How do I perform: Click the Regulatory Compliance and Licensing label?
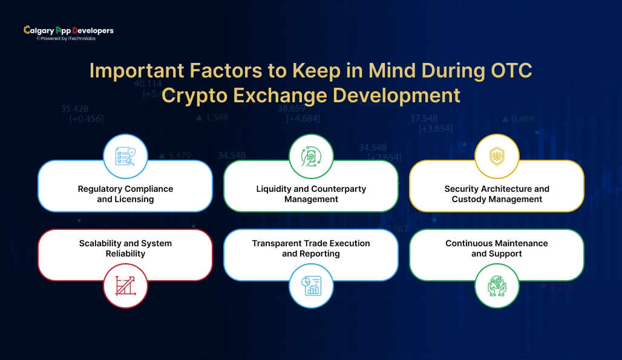coord(125,194)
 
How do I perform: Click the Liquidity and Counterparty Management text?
coord(311,194)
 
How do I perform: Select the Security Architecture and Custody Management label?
coord(497,194)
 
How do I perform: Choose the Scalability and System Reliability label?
coord(125,248)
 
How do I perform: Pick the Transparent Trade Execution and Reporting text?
coord(311,248)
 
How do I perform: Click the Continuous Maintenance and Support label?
coord(497,248)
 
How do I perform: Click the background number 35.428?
coord(74,109)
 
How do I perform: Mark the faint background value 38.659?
coord(291,109)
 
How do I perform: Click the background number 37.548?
coord(424,119)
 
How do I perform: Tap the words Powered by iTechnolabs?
coord(68,38)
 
